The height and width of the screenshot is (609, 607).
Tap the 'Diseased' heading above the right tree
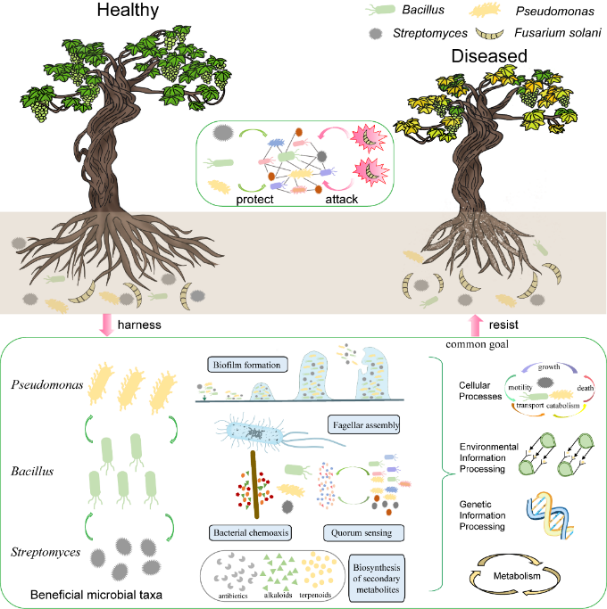(x=488, y=56)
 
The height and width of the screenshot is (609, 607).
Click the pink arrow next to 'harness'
(x=107, y=325)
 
